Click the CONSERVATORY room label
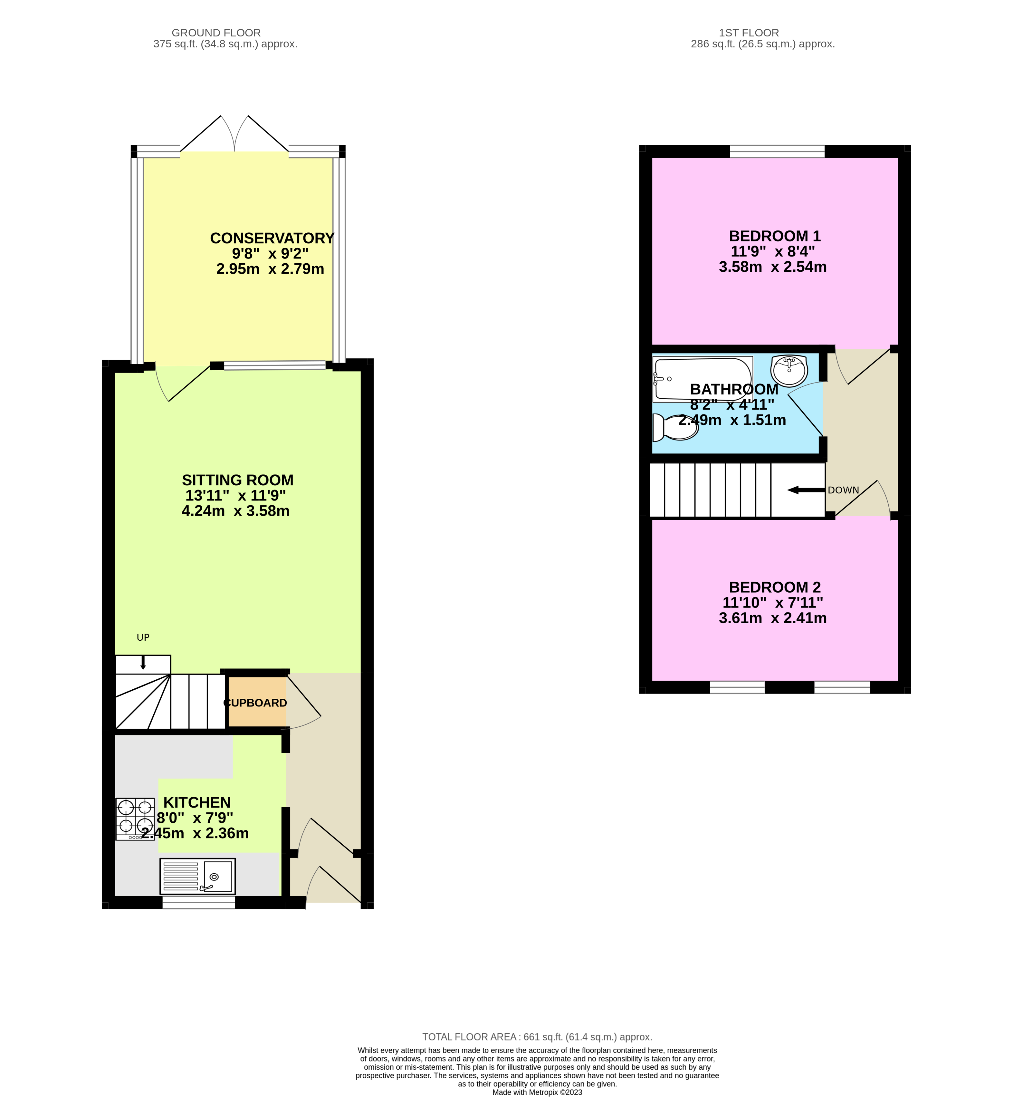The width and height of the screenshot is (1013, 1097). click(272, 238)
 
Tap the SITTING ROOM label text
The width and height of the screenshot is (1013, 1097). click(237, 480)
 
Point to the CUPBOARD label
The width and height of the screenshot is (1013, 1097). click(255, 703)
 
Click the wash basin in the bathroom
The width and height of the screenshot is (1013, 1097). click(788, 370)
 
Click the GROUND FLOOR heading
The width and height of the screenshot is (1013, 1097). click(216, 33)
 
